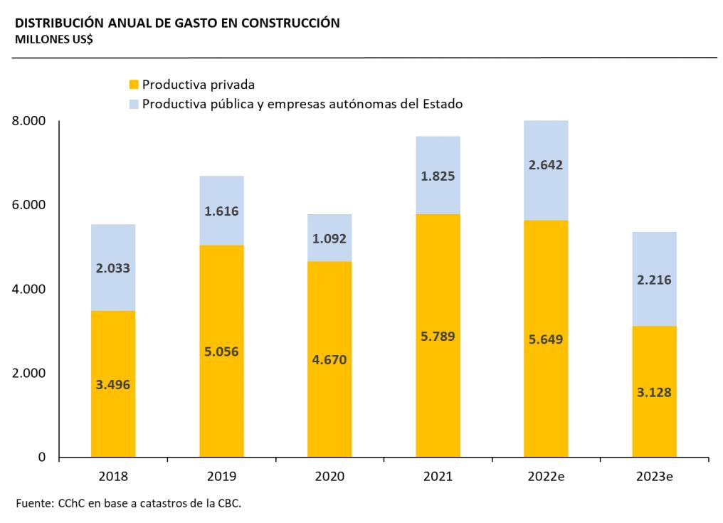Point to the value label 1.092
(x=329, y=238)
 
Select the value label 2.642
(x=546, y=165)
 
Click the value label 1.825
(x=438, y=176)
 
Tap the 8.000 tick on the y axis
(x=29, y=122)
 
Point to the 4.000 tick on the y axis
(x=29, y=290)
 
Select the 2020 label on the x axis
(x=329, y=476)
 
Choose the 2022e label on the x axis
(x=546, y=476)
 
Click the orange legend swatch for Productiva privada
(x=133, y=85)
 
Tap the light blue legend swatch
(x=133, y=104)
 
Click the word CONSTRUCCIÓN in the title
(x=290, y=23)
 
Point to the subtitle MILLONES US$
(x=52, y=39)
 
